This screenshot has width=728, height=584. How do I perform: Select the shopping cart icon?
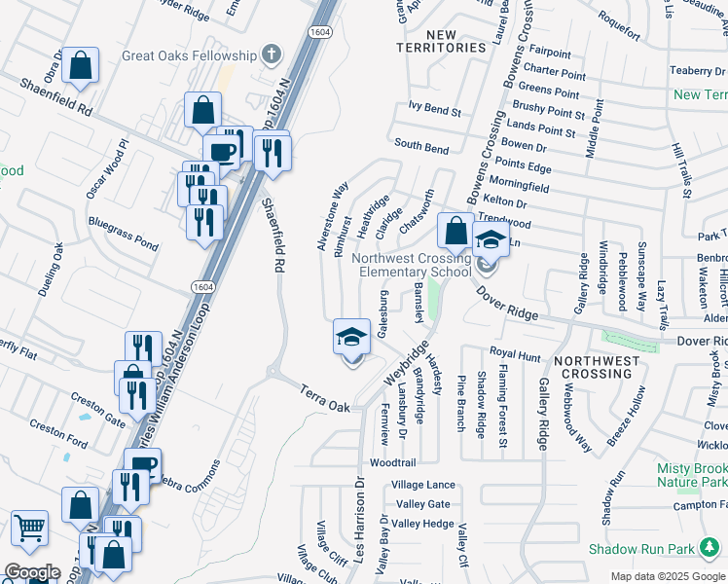tap(30, 529)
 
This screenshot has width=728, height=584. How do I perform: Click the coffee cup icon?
tap(221, 151)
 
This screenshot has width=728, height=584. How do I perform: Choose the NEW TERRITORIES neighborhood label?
tap(442, 41)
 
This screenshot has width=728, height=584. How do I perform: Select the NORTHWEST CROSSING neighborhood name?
tap(598, 367)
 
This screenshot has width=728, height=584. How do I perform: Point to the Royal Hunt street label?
tap(514, 356)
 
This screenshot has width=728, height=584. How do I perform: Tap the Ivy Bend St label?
tap(435, 110)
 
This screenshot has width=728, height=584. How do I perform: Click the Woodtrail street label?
tap(393, 462)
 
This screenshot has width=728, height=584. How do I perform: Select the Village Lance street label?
tap(423, 485)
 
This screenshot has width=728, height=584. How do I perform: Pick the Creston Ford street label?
tap(58, 435)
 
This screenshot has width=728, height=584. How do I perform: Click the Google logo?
tap(31, 572)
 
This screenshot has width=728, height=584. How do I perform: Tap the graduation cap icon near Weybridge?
tap(352, 337)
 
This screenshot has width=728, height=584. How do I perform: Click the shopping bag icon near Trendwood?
tap(455, 231)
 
